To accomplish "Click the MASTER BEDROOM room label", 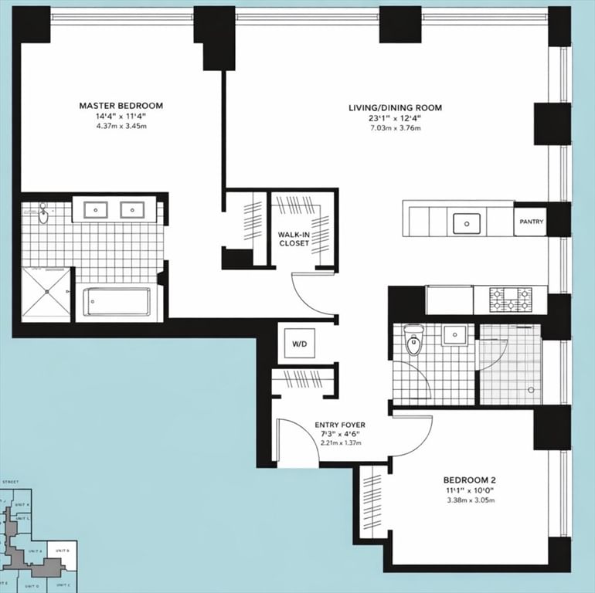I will coord(121,105).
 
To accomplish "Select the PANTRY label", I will coord(531,222).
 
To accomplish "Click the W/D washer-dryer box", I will coord(297,343).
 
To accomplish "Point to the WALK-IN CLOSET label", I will coord(294,238).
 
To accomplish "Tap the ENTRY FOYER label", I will coord(339,425).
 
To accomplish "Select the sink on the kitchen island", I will coord(466,224).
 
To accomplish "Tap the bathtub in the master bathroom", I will coord(117,301).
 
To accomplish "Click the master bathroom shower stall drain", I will coord(47,292).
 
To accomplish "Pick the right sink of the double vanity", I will coord(134,209).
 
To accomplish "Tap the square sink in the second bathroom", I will coord(456,335).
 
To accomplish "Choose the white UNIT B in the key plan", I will coord(62,551).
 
